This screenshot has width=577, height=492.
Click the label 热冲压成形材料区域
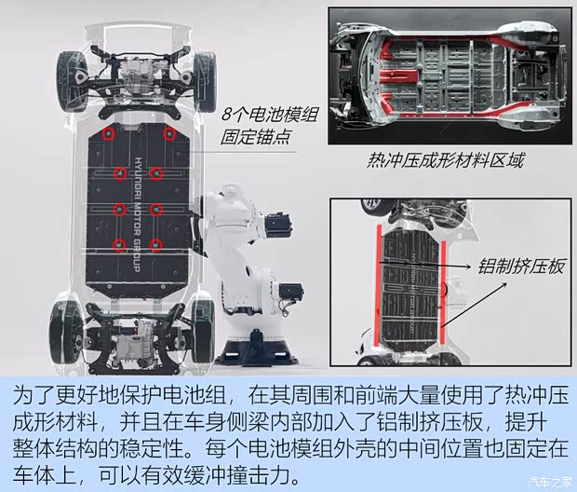(445, 160)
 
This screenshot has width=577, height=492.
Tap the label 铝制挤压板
(521, 266)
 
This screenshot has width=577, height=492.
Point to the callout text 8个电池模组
(269, 115)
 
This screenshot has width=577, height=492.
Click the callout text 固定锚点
(255, 137)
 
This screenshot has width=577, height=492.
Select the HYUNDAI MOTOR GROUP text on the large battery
(138, 214)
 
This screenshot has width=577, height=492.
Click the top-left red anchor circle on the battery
(109, 134)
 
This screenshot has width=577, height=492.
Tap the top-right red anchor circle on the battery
(169, 134)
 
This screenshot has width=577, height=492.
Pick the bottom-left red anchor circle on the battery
(119, 245)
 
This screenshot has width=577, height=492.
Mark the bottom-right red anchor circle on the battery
(156, 245)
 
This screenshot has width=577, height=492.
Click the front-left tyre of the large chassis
(72, 81)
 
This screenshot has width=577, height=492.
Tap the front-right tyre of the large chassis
(204, 82)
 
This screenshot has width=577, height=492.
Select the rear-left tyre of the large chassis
(65, 332)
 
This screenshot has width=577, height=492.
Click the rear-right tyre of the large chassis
(203, 332)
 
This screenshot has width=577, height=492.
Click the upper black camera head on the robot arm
(278, 225)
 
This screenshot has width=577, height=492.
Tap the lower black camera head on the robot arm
(290, 293)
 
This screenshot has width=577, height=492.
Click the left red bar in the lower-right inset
(378, 286)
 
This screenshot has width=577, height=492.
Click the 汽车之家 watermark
(550, 482)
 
